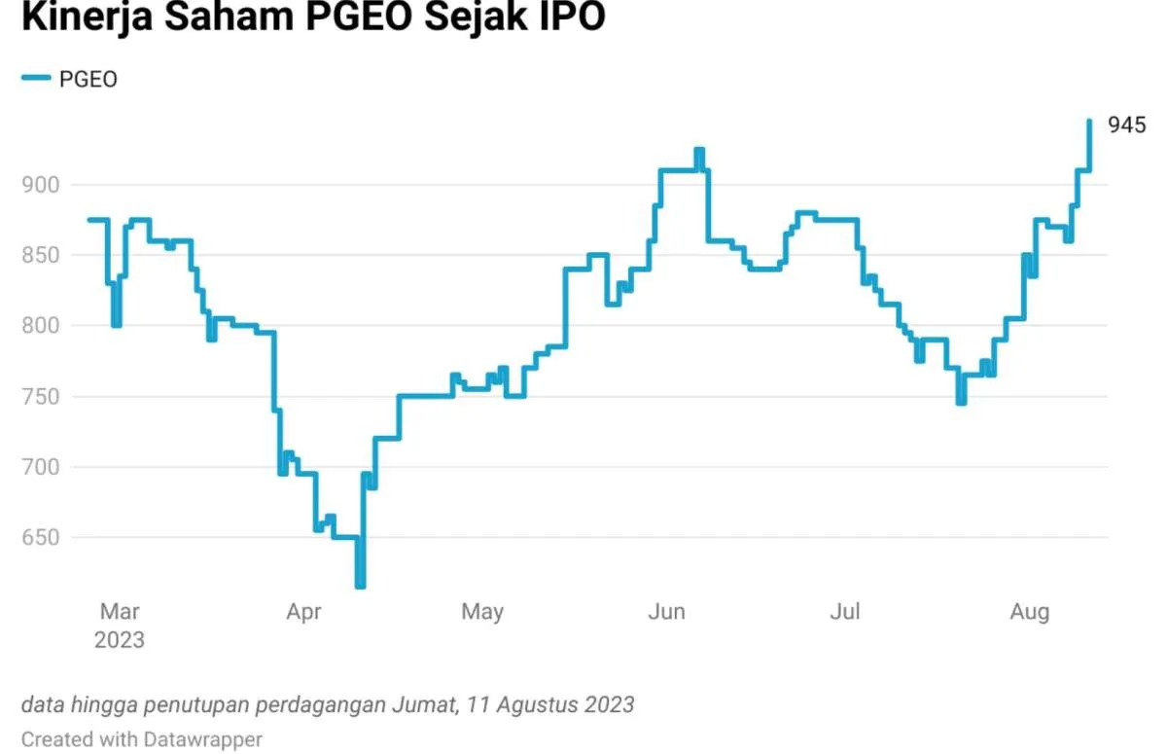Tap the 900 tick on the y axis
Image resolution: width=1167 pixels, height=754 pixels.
pyautogui.click(x=40, y=185)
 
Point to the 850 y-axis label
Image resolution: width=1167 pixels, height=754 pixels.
pyautogui.click(x=40, y=255)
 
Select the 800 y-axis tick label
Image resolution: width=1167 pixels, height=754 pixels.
pyautogui.click(x=40, y=326)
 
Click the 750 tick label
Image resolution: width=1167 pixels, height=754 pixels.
pyautogui.click(x=40, y=397)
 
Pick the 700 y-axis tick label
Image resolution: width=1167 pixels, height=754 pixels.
pyautogui.click(x=40, y=467)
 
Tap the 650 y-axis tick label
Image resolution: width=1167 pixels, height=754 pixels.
pyautogui.click(x=40, y=538)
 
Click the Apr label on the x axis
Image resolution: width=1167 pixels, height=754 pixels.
pyautogui.click(x=304, y=612)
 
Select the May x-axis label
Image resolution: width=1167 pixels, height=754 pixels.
pyautogui.click(x=482, y=612)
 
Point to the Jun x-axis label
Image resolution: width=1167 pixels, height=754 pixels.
pyautogui.click(x=667, y=612)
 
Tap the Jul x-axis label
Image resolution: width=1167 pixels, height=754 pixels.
pyautogui.click(x=846, y=612)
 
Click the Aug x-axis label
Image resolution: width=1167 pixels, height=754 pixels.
pyautogui.click(x=1030, y=612)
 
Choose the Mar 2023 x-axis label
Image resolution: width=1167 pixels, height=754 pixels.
pyautogui.click(x=119, y=626)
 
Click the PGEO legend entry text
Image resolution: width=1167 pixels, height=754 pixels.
pyautogui.click(x=88, y=80)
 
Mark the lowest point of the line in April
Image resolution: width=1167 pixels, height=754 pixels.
pyautogui.click(x=360, y=585)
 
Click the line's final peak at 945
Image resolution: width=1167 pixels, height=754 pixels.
pyautogui.click(x=1089, y=121)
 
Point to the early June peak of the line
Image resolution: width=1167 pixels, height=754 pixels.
pyautogui.click(x=699, y=150)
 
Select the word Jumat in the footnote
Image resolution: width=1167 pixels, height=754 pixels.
pyautogui.click(x=429, y=703)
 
